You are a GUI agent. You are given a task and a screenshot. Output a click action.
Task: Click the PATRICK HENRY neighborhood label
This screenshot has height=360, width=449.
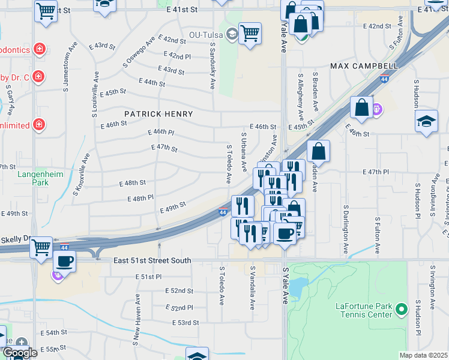pyautogui.click(x=158, y=114)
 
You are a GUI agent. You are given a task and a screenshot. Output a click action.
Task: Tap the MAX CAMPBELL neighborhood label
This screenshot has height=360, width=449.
pyautogui.click(x=364, y=65)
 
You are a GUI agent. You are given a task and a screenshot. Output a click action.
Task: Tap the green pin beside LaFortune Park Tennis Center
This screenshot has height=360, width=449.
pyautogui.click(x=402, y=310)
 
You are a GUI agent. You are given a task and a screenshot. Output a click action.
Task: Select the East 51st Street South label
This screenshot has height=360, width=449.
pyautogui.click(x=152, y=260)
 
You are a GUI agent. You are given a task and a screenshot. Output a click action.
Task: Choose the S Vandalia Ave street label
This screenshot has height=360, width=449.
pyautogui.click(x=253, y=288)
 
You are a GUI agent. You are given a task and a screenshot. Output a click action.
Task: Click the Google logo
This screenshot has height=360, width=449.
pyautogui.click(x=20, y=353)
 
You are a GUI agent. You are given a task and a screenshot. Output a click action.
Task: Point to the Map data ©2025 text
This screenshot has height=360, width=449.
pyautogui.click(x=424, y=355)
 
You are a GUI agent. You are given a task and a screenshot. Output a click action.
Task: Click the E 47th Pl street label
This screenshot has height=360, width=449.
pyautogui.click(x=376, y=172)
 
